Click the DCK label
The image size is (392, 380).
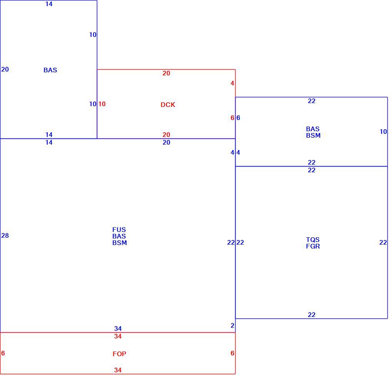coord(168,105)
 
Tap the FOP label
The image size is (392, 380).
coord(119,354)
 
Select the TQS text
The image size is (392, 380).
coord(313,240)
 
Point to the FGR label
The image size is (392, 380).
coord(313,246)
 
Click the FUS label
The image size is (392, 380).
coord(119,230)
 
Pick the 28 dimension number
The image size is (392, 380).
coord(5,235)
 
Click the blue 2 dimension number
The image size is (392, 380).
coord(233,325)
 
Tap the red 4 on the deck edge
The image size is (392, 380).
coord(233,83)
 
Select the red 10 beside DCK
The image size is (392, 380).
coord(102,104)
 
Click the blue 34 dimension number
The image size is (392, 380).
coord(118,328)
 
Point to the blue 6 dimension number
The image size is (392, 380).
coord(238,118)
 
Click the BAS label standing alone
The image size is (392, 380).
coord(50,70)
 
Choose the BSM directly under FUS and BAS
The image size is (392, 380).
coord(120,243)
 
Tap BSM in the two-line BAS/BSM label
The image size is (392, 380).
coord(313,135)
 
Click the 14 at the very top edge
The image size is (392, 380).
coord(49,4)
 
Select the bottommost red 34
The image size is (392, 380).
coord(118,370)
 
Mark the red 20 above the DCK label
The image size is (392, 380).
coord(166,73)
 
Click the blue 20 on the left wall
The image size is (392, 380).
coord(5,69)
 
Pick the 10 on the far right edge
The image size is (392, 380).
coord(383,132)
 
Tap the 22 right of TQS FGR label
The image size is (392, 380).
coord(383,242)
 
